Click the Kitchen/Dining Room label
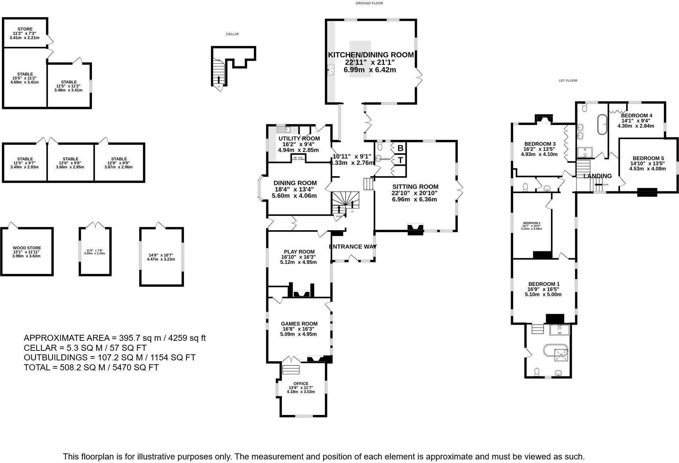pyautogui.click(x=370, y=55)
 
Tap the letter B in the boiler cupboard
pyautogui.click(x=400, y=148)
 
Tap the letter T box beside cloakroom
pyautogui.click(x=400, y=160)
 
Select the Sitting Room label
pyautogui.click(x=415, y=187)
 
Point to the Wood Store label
pyautogui.click(x=27, y=248)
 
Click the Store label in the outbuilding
pyautogui.click(x=25, y=29)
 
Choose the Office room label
pyautogui.click(x=301, y=383)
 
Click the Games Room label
pyautogui.click(x=299, y=323)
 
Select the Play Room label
pyautogui.click(x=299, y=252)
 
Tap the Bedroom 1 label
pyautogui.click(x=544, y=284)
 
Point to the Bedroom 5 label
pyautogui.click(x=648, y=158)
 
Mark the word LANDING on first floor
pyautogui.click(x=598, y=176)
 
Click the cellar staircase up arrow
pyautogui.click(x=218, y=79)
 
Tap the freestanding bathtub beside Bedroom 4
pyautogui.click(x=602, y=124)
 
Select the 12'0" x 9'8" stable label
pyautogui.click(x=70, y=159)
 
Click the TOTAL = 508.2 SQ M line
pyautogui.click(x=91, y=367)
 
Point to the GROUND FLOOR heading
pyautogui.click(x=369, y=3)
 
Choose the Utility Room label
pyautogui.click(x=299, y=138)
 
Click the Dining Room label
pyautogui.click(x=295, y=183)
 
